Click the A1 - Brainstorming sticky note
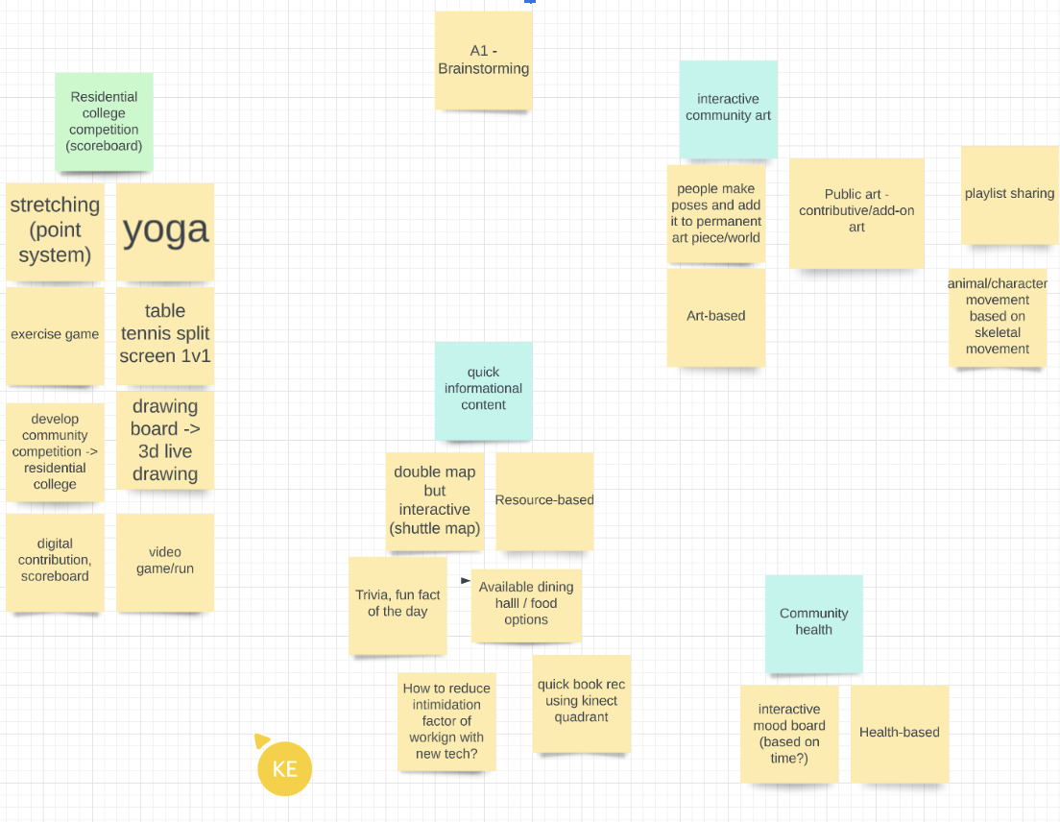coord(483,60)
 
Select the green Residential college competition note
coord(104,122)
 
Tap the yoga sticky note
coord(165,231)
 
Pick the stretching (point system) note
coord(55,231)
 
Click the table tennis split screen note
coord(165,334)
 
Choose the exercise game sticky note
coord(55,335)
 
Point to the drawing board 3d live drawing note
coord(165,440)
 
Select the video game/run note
coord(165,562)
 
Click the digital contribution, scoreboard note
coord(55,562)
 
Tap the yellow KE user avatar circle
coord(285,769)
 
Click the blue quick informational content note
coord(483,390)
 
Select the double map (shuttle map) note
coord(435,501)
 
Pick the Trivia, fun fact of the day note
coord(397,604)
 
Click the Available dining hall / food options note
coord(526,604)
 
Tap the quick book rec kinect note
coord(582,703)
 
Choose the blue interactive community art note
coord(729,109)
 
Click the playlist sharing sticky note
coord(1009,194)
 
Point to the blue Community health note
coord(814,623)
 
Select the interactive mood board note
coord(789,734)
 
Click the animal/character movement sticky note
coord(998,317)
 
